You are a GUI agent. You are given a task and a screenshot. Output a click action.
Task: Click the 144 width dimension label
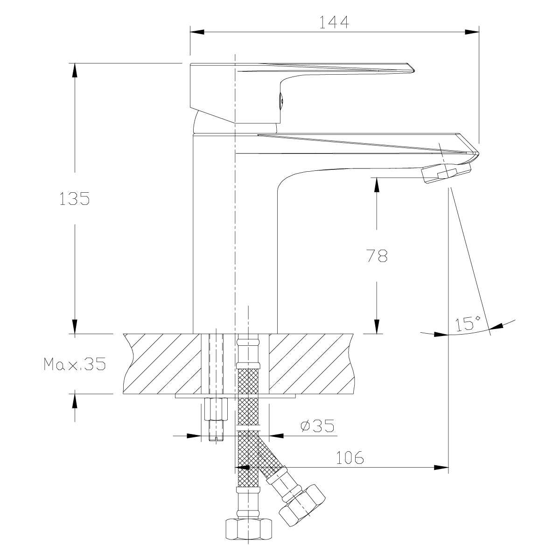[x=334, y=22]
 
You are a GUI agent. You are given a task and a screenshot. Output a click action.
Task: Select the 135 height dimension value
[x=74, y=199]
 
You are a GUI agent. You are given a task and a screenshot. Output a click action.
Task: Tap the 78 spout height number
[x=377, y=256]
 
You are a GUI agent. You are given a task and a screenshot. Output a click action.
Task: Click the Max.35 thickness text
[x=75, y=364]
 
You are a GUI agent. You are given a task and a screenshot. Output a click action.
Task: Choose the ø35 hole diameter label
[x=317, y=426]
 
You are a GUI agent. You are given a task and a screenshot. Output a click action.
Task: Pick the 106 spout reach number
[x=350, y=458]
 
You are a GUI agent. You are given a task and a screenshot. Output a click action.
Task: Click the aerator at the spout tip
[x=446, y=174]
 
